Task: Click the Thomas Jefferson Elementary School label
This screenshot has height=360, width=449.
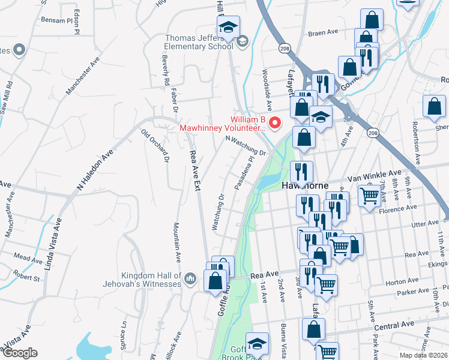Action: coord(199,43)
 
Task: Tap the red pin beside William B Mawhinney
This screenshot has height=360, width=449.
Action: coord(276,123)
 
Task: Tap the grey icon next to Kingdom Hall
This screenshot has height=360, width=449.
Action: coord(190,278)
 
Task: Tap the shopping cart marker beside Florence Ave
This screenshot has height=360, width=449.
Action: coord(369,195)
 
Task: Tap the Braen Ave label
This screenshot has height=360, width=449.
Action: coord(324,34)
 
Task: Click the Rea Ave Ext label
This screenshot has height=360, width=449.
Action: coord(195,170)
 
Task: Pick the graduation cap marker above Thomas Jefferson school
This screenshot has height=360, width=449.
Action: coord(228,27)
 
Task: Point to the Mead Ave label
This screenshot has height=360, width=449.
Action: coord(28,257)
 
